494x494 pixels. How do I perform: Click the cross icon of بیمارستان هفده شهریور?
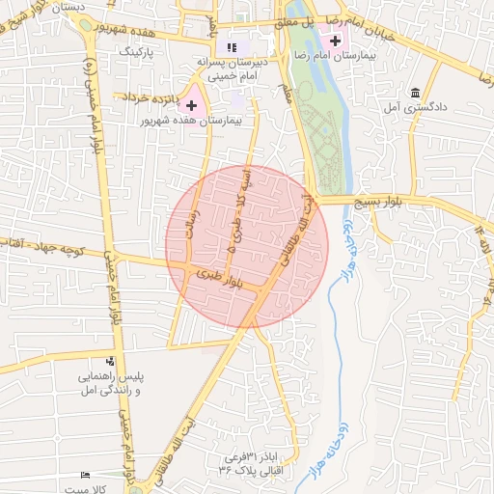click(x=191, y=103)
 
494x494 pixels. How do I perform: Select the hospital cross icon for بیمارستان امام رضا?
click(x=335, y=41)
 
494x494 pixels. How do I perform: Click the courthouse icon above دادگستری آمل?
click(x=416, y=92)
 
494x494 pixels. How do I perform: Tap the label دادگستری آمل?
click(x=416, y=109)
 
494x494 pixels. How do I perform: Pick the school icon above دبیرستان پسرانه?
click(x=231, y=46)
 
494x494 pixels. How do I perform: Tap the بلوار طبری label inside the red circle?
click(x=218, y=278)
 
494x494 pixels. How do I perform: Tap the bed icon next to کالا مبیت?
click(x=86, y=476)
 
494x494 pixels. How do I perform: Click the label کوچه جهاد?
click(x=39, y=248)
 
